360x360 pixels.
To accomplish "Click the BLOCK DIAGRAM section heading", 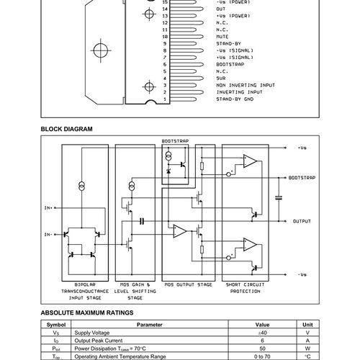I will (x=67, y=129).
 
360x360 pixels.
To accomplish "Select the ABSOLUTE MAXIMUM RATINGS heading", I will (x=87, y=314).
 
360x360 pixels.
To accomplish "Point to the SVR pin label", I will (x=221, y=78).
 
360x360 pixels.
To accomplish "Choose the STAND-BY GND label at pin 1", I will (x=234, y=99).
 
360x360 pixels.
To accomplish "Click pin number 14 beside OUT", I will (x=166, y=8).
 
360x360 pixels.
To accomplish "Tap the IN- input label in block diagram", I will (x=48, y=234).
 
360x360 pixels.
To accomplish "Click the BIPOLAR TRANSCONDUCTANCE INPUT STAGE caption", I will (x=85, y=290).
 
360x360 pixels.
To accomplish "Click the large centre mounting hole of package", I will (x=98, y=53).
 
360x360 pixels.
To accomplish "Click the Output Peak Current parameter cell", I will (x=104, y=341).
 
